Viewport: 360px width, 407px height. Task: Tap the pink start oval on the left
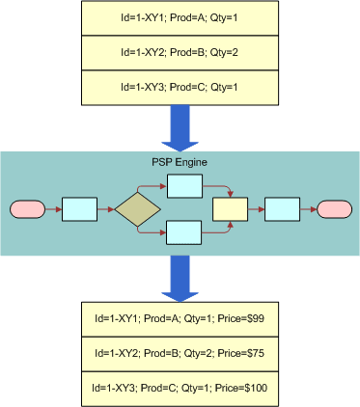pos(26,209)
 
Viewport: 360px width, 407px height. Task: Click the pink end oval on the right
pos(333,209)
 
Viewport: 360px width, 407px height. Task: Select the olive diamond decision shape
pos(137,209)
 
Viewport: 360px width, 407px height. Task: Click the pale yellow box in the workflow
pos(230,209)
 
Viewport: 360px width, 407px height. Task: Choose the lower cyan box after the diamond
pos(183,232)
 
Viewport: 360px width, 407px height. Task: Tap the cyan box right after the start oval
pos(79,209)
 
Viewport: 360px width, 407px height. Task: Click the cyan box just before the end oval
pos(281,209)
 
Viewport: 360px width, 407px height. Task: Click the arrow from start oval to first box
pos(52,209)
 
